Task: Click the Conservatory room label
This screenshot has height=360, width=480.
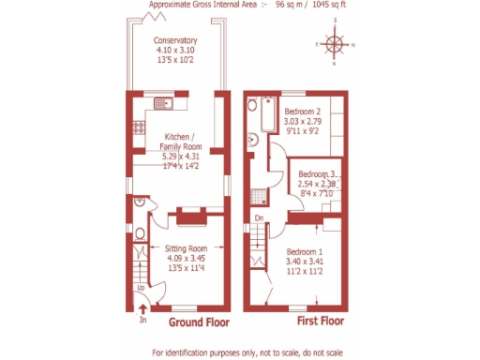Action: (x=175, y=41)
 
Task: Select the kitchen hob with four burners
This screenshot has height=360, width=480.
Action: (x=138, y=126)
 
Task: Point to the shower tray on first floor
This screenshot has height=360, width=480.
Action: (x=259, y=197)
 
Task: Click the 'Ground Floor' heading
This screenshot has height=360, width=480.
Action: (x=198, y=322)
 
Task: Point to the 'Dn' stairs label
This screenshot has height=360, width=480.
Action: (x=260, y=219)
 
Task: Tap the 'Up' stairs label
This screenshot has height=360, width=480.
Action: (x=141, y=288)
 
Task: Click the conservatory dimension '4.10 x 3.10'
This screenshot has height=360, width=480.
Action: (x=175, y=52)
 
